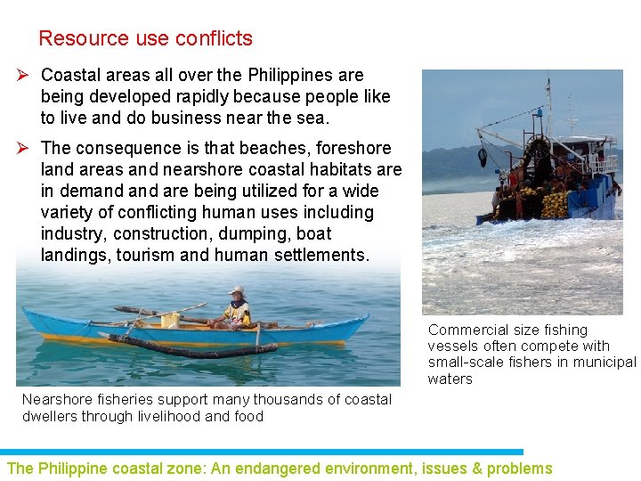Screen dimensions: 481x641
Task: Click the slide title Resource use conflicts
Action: pyautogui.click(x=145, y=39)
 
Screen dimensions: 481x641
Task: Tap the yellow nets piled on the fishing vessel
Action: pyautogui.click(x=554, y=206)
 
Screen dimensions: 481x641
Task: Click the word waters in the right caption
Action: pyautogui.click(x=450, y=379)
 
